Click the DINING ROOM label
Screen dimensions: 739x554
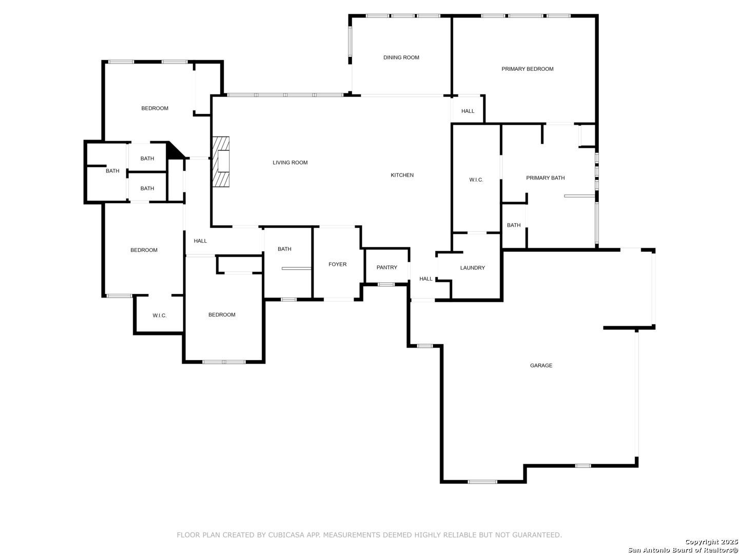[401, 57]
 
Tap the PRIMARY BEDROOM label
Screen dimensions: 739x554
[527, 69]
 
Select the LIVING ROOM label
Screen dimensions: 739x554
[290, 163]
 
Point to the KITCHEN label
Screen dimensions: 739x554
[402, 175]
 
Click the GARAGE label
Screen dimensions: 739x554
[541, 365]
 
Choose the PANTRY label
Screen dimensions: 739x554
[387, 267]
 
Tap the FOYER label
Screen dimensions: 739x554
[337, 264]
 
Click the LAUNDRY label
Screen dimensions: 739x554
[472, 268]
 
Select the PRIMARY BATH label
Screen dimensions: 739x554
[546, 178]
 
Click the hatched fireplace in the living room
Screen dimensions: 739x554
[221, 162]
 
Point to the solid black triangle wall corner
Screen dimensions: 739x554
[174, 151]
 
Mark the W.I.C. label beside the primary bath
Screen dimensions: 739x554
[476, 180]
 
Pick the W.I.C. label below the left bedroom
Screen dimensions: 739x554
[159, 315]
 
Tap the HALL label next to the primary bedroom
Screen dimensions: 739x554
[468, 111]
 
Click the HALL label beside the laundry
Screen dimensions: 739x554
[425, 279]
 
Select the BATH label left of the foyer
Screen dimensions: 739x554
[284, 249]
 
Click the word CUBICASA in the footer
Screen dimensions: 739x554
[286, 535]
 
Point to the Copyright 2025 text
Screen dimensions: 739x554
[711, 542]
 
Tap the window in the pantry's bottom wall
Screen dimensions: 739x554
[386, 285]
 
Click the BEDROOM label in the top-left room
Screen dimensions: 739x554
[154, 108]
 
